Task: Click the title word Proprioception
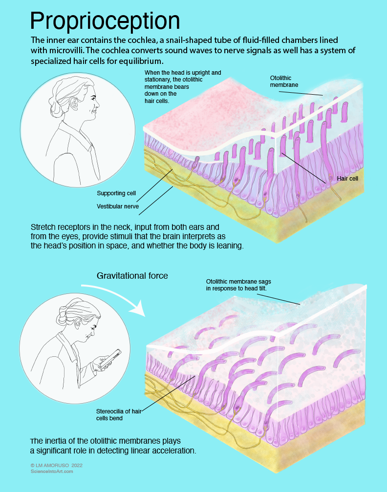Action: click(x=105, y=20)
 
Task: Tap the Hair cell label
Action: click(x=347, y=179)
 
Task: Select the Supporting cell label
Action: click(x=116, y=193)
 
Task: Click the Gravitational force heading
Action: click(x=132, y=276)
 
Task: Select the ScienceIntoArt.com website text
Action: click(x=51, y=471)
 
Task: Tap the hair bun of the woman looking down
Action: click(x=63, y=318)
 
